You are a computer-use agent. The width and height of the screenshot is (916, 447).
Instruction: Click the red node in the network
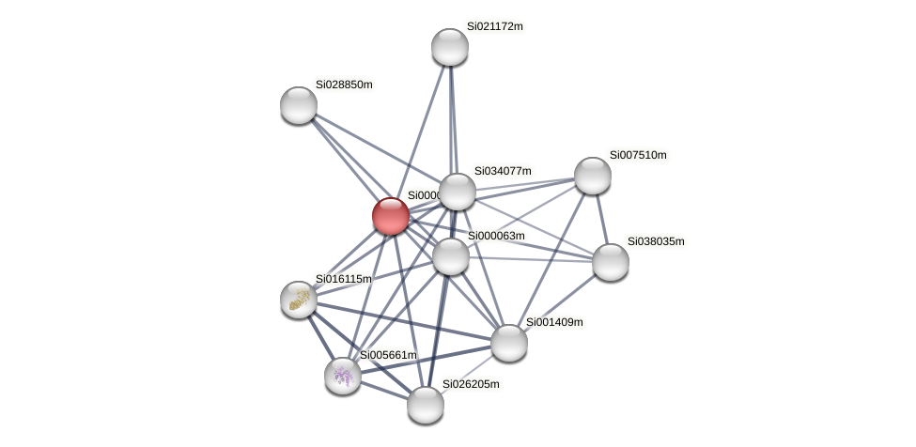pos(391,216)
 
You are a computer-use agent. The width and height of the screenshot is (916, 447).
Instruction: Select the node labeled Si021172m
pos(450,47)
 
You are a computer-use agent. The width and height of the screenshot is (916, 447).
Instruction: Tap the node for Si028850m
pos(299,105)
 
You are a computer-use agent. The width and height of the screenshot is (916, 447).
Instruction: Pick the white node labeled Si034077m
pos(458,192)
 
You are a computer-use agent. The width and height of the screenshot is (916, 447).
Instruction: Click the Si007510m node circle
pos(593,176)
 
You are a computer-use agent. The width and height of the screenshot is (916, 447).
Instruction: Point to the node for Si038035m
pos(611,262)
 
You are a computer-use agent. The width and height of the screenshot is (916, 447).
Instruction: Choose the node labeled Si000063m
pos(451,256)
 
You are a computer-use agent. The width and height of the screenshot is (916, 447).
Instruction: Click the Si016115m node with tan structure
pos(299,300)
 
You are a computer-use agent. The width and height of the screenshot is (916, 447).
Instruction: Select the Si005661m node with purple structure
pos(343,376)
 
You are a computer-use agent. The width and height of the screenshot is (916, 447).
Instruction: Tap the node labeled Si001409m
pos(509,343)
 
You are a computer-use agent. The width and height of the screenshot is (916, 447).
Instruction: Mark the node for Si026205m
pos(426,405)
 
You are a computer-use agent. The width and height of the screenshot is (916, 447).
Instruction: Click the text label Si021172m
pos(494,26)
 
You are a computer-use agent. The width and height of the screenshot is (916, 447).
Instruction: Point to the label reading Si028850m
pos(344,85)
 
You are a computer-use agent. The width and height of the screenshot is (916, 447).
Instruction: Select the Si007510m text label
pos(638,155)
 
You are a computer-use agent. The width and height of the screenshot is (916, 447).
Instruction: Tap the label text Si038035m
pos(656,241)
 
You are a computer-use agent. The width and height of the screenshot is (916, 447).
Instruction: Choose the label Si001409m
pos(554,322)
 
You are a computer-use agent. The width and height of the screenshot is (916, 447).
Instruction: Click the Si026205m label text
pos(471,384)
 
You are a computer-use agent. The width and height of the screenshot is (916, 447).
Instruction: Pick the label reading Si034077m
pos(503,171)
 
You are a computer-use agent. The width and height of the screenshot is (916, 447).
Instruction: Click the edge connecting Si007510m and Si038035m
pos(601,219)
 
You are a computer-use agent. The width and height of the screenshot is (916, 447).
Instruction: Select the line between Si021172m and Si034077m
pos(454,119)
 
